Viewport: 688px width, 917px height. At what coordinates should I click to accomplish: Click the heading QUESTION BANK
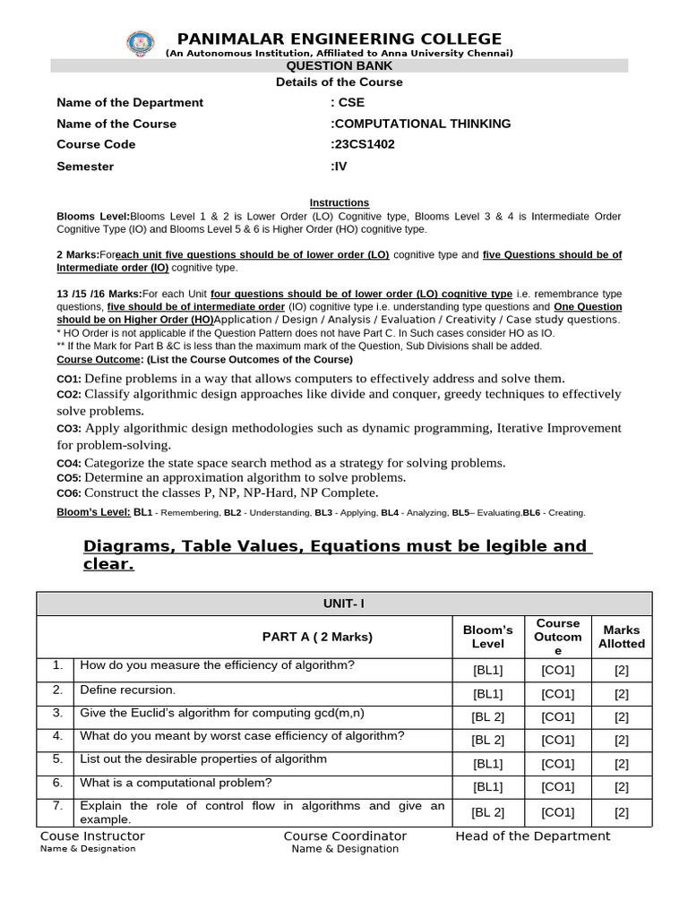click(x=339, y=66)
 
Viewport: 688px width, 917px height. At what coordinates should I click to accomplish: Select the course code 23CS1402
click(x=363, y=144)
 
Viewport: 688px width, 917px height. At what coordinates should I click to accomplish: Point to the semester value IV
click(x=339, y=167)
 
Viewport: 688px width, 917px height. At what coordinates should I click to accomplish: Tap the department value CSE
click(x=348, y=102)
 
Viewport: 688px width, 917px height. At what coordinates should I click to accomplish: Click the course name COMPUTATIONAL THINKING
click(x=421, y=124)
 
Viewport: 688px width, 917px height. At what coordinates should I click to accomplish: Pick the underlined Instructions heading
click(x=339, y=203)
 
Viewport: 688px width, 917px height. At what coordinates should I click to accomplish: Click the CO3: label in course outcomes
click(x=69, y=429)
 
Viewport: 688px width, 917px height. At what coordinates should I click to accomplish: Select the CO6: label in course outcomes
click(x=69, y=493)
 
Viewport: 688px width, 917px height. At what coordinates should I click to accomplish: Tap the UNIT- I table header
click(x=344, y=604)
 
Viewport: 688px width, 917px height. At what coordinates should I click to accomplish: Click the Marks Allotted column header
click(x=621, y=637)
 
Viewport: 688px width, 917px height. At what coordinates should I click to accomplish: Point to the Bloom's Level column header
click(x=487, y=637)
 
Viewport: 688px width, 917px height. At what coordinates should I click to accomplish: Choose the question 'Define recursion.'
click(x=128, y=690)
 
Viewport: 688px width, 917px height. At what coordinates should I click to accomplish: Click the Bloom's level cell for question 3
click(x=487, y=717)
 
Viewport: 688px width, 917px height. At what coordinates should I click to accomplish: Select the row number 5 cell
click(x=57, y=758)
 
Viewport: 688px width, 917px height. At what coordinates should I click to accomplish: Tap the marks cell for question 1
click(x=621, y=671)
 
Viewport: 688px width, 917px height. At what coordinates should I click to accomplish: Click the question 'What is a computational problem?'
click(x=176, y=783)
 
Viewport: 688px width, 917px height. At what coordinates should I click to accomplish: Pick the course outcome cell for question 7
click(x=557, y=813)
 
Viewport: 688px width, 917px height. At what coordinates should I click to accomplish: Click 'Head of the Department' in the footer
click(x=532, y=836)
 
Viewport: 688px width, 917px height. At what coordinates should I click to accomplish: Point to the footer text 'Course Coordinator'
click(x=345, y=836)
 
